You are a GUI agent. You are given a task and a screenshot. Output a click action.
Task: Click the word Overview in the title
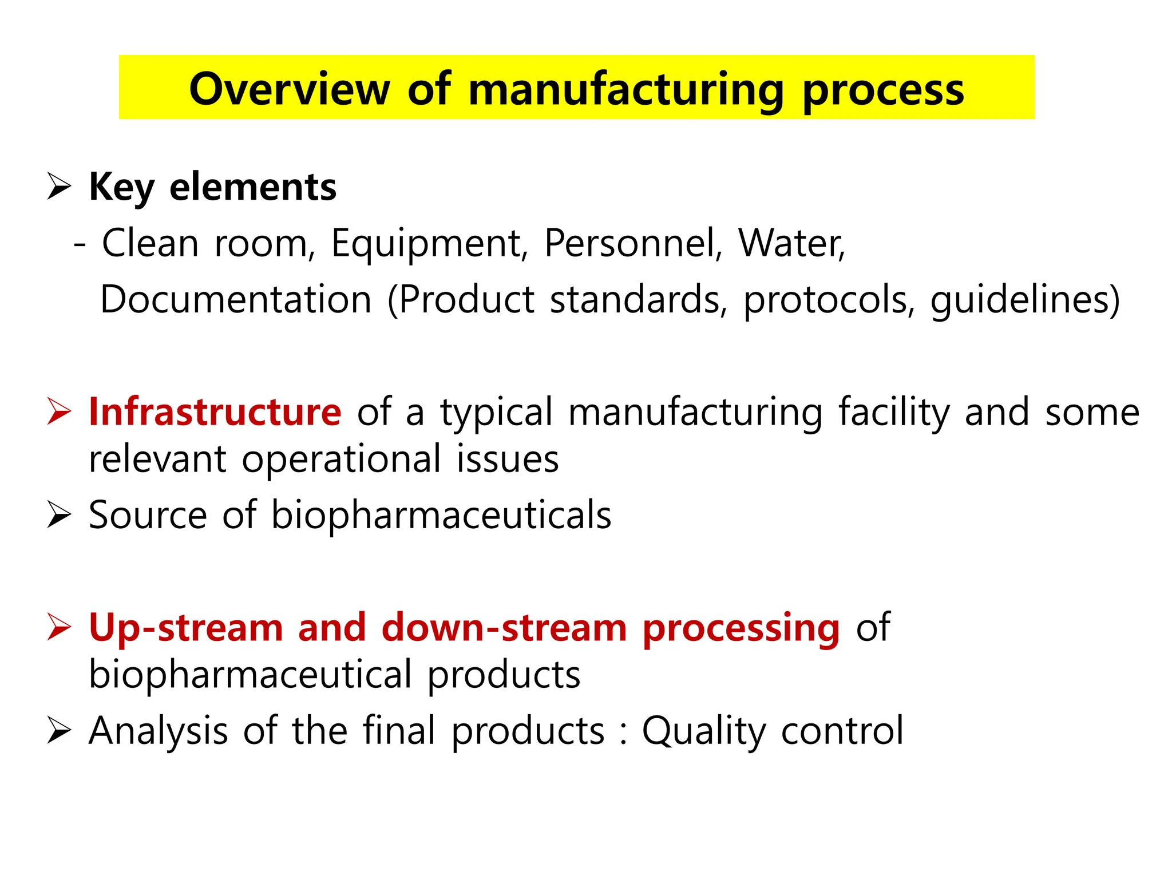(289, 89)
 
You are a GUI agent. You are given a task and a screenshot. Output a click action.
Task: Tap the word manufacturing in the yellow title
(626, 90)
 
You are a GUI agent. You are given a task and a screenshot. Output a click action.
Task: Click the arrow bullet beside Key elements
(59, 187)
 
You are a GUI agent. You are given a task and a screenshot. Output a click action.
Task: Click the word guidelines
(1019, 300)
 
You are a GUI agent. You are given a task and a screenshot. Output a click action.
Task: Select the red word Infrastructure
(215, 411)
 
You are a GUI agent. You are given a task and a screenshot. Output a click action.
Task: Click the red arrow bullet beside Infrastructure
(59, 411)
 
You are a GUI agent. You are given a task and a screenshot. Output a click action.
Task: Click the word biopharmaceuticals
(441, 515)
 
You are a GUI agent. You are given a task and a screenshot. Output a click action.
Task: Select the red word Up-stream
(186, 628)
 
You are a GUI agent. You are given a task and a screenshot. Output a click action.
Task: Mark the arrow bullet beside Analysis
(59, 730)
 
